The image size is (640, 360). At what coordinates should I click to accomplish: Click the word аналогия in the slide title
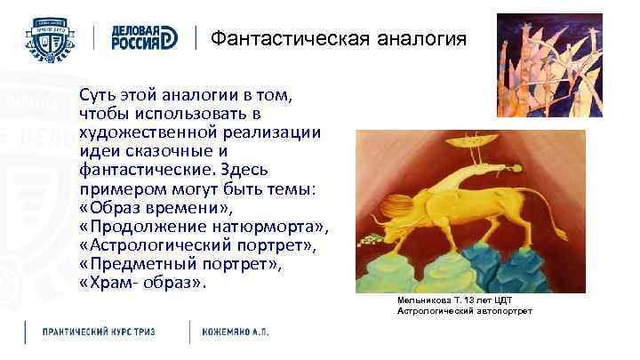click(421, 38)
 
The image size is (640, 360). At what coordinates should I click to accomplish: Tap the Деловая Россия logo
click(144, 38)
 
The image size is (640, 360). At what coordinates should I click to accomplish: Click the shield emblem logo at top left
click(54, 38)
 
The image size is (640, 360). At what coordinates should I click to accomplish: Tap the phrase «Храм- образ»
click(142, 284)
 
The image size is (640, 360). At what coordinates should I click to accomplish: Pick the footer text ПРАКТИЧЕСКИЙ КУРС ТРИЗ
click(99, 332)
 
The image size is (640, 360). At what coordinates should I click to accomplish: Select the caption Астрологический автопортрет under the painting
click(464, 311)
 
